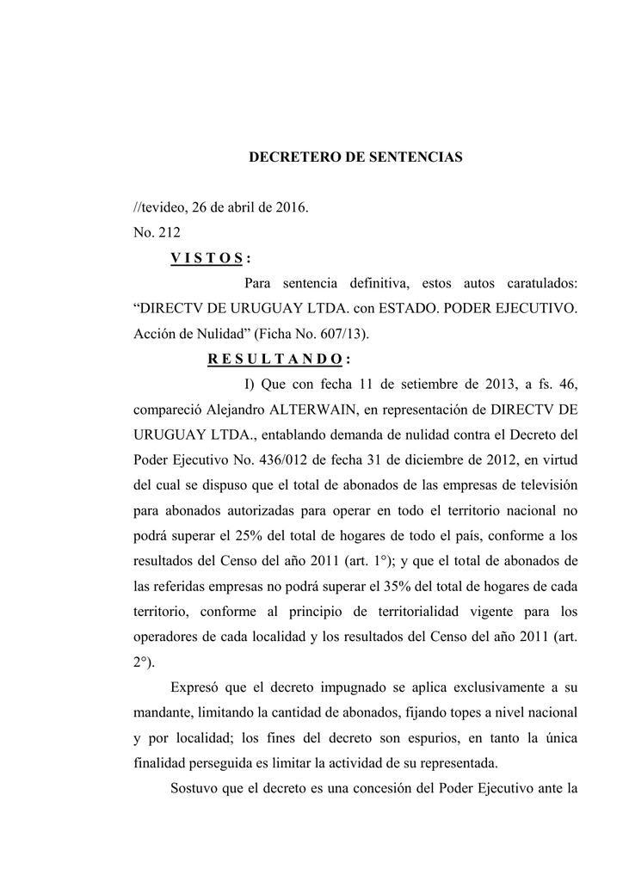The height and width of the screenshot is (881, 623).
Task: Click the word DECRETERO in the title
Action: pos(287,157)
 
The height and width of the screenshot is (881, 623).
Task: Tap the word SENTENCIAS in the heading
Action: pos(420,157)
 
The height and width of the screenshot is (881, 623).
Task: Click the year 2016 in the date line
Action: pos(288,208)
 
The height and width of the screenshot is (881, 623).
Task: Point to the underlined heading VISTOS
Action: pos(207,258)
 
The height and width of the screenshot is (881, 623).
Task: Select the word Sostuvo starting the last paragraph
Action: pos(195,787)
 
